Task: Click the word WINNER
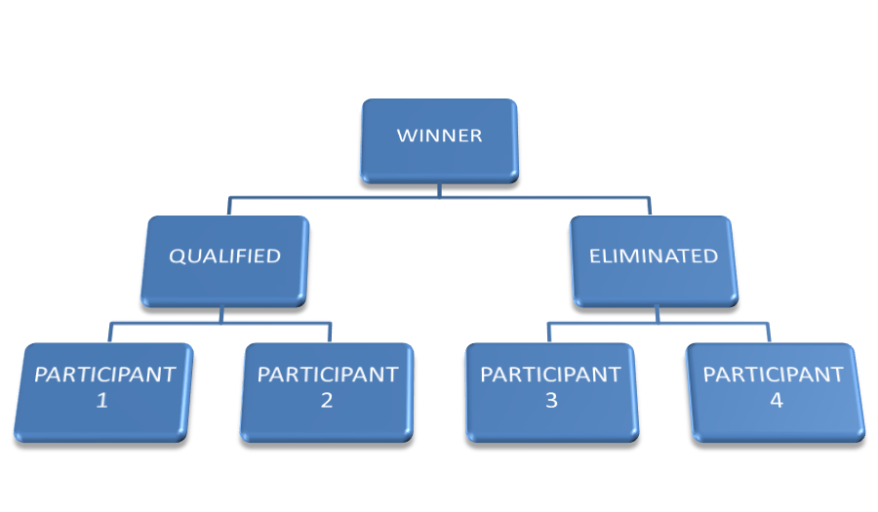coord(439,136)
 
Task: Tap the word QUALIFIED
coord(224,256)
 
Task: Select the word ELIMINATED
coord(654,256)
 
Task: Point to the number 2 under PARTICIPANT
coord(327,400)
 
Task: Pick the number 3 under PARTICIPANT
coord(551,400)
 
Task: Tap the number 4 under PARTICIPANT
coord(776,400)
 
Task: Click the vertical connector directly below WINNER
coord(439,189)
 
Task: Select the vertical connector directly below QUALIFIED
coord(222,313)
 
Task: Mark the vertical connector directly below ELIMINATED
coord(657,313)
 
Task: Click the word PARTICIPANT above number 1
coord(104,374)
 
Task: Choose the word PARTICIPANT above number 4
coord(774,374)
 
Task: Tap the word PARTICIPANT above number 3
coord(550,374)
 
